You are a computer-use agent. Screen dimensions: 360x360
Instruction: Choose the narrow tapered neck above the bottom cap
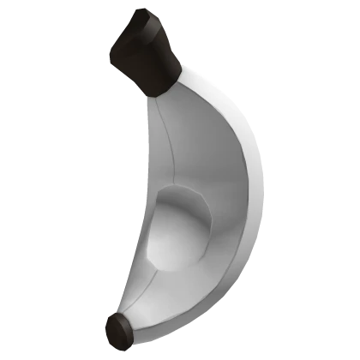click(141, 304)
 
